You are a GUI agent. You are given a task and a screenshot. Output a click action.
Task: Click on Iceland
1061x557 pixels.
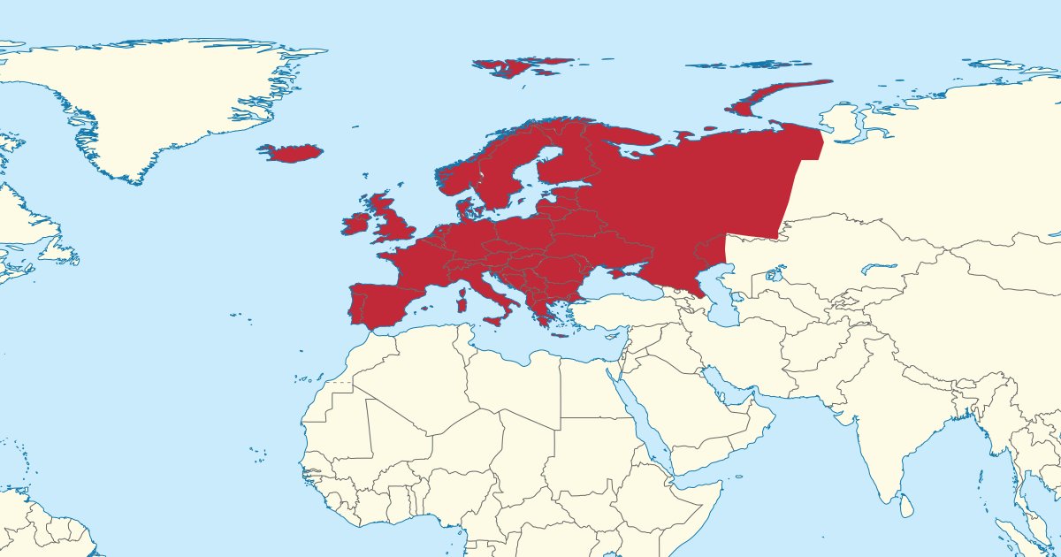292,153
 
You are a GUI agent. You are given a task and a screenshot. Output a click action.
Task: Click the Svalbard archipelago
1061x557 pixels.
517,66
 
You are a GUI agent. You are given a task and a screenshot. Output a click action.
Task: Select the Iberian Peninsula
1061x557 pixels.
380,301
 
